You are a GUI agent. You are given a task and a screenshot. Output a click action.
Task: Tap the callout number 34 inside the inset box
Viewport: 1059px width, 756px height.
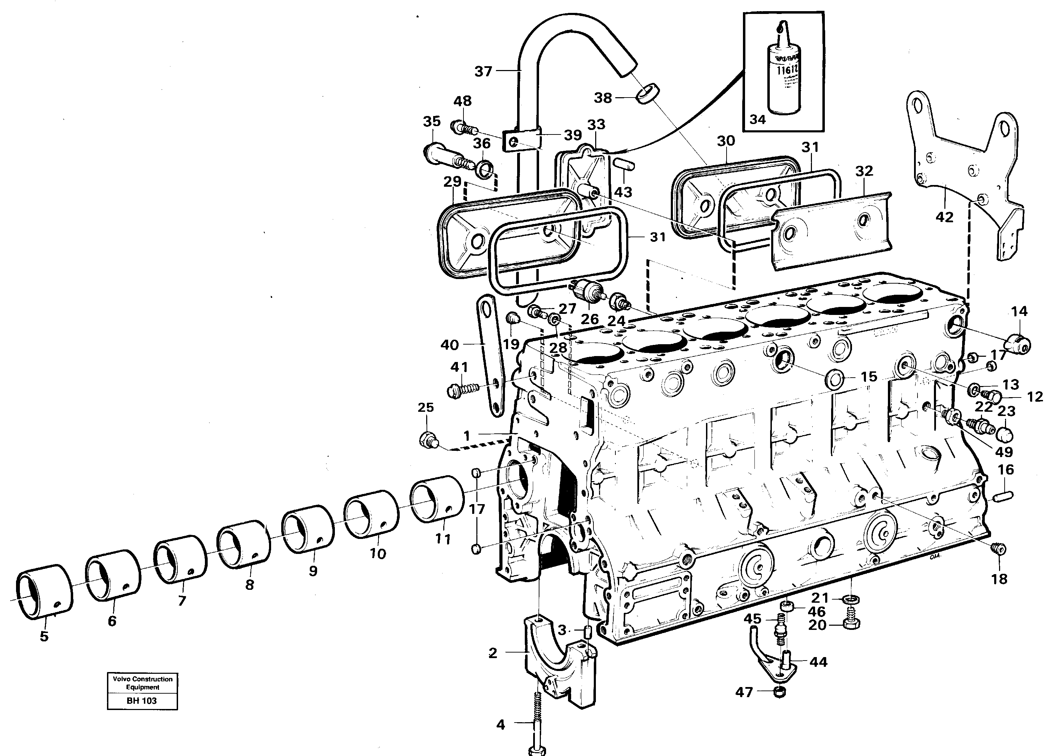[x=757, y=119]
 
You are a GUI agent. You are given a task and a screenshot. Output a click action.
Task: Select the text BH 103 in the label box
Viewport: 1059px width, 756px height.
[x=142, y=701]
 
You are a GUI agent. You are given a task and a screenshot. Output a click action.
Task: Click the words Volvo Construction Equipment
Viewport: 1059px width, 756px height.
[x=143, y=683]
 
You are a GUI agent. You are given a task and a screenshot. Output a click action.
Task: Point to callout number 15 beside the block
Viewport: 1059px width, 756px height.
[x=869, y=376]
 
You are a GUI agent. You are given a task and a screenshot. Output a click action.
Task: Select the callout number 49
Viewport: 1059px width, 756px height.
[x=1004, y=451]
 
